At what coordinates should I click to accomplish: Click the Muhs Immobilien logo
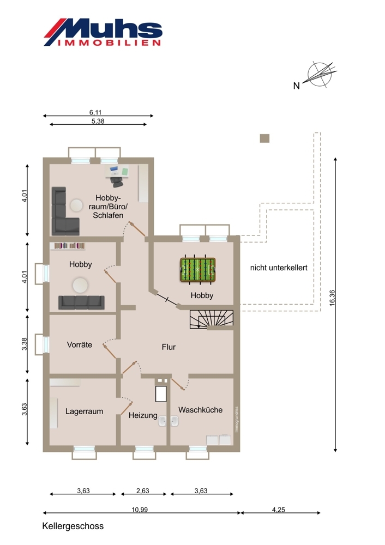pos(103,32)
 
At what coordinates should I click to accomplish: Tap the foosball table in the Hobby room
pos(197,269)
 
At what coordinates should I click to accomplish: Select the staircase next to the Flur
pos(211,319)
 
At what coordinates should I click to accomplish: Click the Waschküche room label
pos(200,410)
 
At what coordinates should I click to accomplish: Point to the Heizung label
pos(143,415)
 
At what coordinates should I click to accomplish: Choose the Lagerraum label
pos(84,411)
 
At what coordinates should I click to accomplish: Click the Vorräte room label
pos(79,345)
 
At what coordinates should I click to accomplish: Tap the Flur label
pos(169,347)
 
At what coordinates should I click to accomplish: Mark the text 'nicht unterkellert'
pos(279,268)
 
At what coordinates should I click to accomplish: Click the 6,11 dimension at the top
pos(96,112)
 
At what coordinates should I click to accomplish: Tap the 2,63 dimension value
pos(142,491)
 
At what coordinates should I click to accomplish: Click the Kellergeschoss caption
pos(73,526)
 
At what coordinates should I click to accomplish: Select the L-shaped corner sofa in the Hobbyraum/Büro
pos(63,213)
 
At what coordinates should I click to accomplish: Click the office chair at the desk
pos(116,179)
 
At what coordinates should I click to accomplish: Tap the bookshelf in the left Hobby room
pos(69,246)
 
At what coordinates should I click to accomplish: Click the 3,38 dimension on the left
pos(25,344)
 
